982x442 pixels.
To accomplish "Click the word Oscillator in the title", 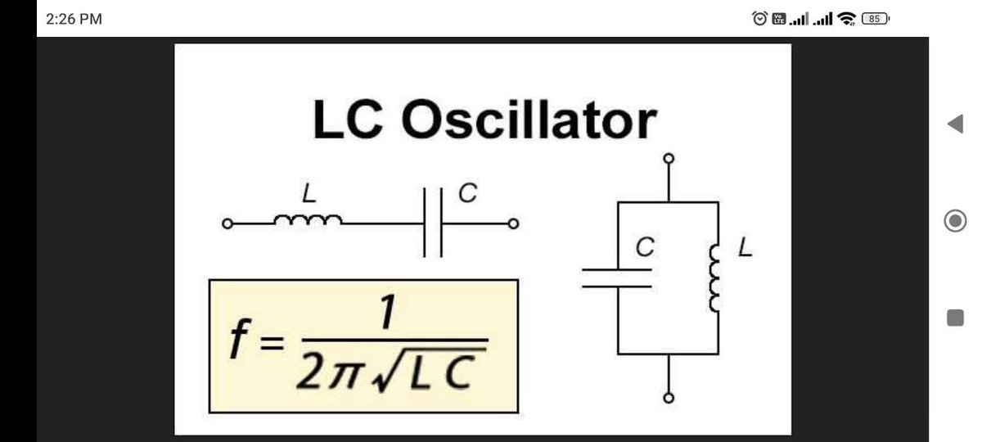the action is click(529, 120).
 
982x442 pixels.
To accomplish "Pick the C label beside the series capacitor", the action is click(467, 193).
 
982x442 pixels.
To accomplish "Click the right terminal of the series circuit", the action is click(513, 223).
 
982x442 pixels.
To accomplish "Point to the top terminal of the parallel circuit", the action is click(669, 158).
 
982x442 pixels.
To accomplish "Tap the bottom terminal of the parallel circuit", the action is click(669, 399).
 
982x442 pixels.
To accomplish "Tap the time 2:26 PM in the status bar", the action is click(74, 19).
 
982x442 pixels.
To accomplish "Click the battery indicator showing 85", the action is click(875, 18).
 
